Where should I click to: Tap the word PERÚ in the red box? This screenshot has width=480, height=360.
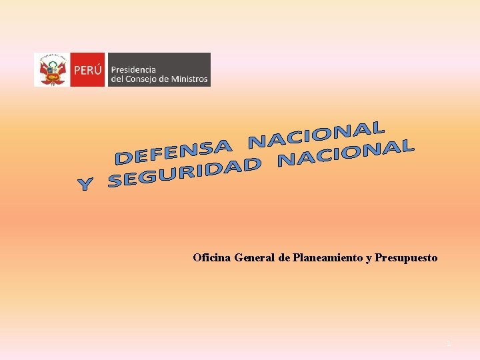pos(88,69)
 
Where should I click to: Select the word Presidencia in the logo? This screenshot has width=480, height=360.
pos(133,69)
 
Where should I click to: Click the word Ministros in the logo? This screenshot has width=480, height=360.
pos(191,79)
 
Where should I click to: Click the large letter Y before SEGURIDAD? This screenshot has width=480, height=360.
pos(85,184)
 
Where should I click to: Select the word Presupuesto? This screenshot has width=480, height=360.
pos(406,257)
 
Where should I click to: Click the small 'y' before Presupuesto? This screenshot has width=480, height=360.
pos(369,258)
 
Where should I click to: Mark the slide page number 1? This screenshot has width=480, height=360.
pos(449,343)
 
